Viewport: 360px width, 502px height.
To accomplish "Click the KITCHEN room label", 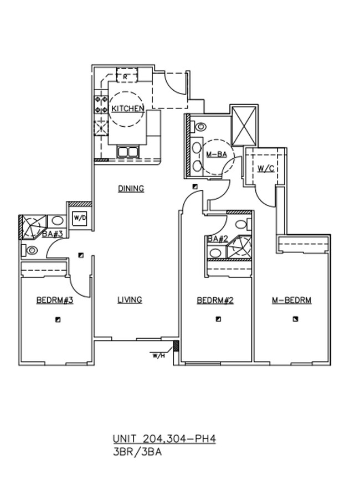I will point(128,108).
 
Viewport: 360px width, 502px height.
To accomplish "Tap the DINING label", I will point(131,189).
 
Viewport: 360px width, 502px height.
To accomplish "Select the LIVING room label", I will point(130,300).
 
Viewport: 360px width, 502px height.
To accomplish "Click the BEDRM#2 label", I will point(215,301).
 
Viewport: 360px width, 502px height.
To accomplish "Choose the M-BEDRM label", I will point(291,301).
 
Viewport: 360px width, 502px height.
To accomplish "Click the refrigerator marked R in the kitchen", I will point(126,76).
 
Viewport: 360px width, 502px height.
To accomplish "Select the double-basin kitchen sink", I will point(128,152).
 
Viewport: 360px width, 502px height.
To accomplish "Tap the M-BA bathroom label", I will point(216,154).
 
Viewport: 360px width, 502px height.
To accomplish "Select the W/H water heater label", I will point(158,356).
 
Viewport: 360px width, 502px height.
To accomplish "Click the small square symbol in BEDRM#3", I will point(58,320).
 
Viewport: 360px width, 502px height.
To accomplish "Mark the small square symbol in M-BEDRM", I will point(296,319).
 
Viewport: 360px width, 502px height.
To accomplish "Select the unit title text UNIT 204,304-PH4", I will point(164,439).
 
